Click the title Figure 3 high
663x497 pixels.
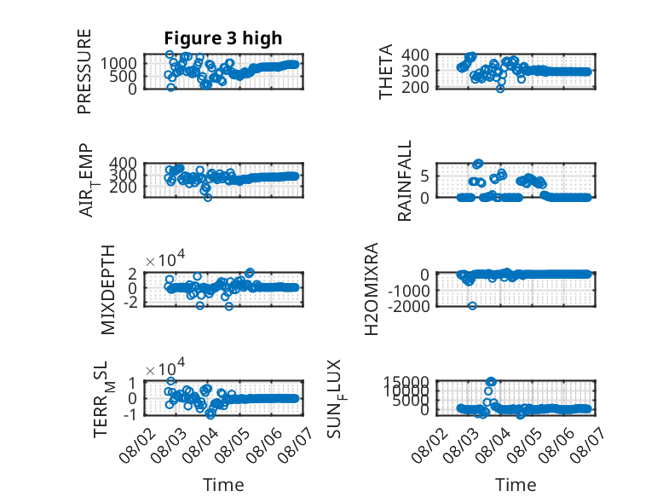[x=222, y=38]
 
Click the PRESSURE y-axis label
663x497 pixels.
[x=84, y=71]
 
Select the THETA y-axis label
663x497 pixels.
[x=386, y=71]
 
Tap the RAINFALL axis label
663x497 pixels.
[x=405, y=181]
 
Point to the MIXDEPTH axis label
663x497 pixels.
[x=108, y=290]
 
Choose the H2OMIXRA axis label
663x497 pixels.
[x=372, y=289]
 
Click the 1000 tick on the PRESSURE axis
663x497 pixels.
[x=118, y=63]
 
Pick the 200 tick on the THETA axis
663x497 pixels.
[x=415, y=87]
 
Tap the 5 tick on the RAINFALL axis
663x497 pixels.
[x=425, y=176]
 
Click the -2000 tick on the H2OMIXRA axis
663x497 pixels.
[x=408, y=306]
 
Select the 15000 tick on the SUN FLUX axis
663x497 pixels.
[x=406, y=382]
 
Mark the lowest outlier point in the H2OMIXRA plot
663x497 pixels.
[x=473, y=306]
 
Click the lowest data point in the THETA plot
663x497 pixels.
[x=500, y=89]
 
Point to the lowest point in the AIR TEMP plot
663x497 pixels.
[x=208, y=197]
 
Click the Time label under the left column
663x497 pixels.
[x=223, y=485]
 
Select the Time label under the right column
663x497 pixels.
[x=516, y=485]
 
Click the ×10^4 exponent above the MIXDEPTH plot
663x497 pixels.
[x=165, y=259]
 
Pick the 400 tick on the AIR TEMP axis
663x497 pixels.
[x=123, y=164]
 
